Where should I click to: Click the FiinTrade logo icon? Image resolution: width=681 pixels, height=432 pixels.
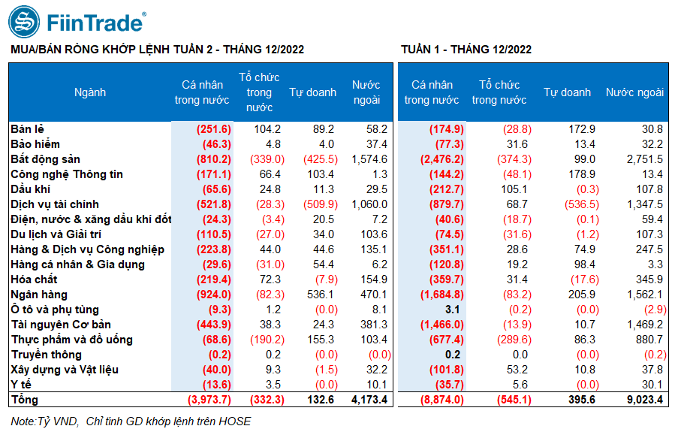pos(24,22)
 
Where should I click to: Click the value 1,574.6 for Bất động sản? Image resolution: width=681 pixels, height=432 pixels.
pos(369,159)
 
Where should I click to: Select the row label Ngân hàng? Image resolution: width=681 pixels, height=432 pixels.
pos(39,295)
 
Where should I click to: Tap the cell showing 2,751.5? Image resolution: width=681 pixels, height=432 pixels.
pos(645,159)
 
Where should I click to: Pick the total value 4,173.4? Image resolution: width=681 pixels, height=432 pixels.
pos(369,400)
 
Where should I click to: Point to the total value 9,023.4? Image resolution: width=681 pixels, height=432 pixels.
pos(645,400)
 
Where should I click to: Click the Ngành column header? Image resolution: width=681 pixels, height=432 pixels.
pos(90,92)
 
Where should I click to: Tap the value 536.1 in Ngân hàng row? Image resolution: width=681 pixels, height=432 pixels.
pos(321,295)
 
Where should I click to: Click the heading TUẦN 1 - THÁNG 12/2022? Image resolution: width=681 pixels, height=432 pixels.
pos(466,50)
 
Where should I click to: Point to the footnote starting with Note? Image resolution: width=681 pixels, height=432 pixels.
pos(131,421)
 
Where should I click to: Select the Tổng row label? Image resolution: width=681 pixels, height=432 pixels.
pos(25,400)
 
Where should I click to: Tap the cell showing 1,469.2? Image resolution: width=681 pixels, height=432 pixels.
pos(645,325)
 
